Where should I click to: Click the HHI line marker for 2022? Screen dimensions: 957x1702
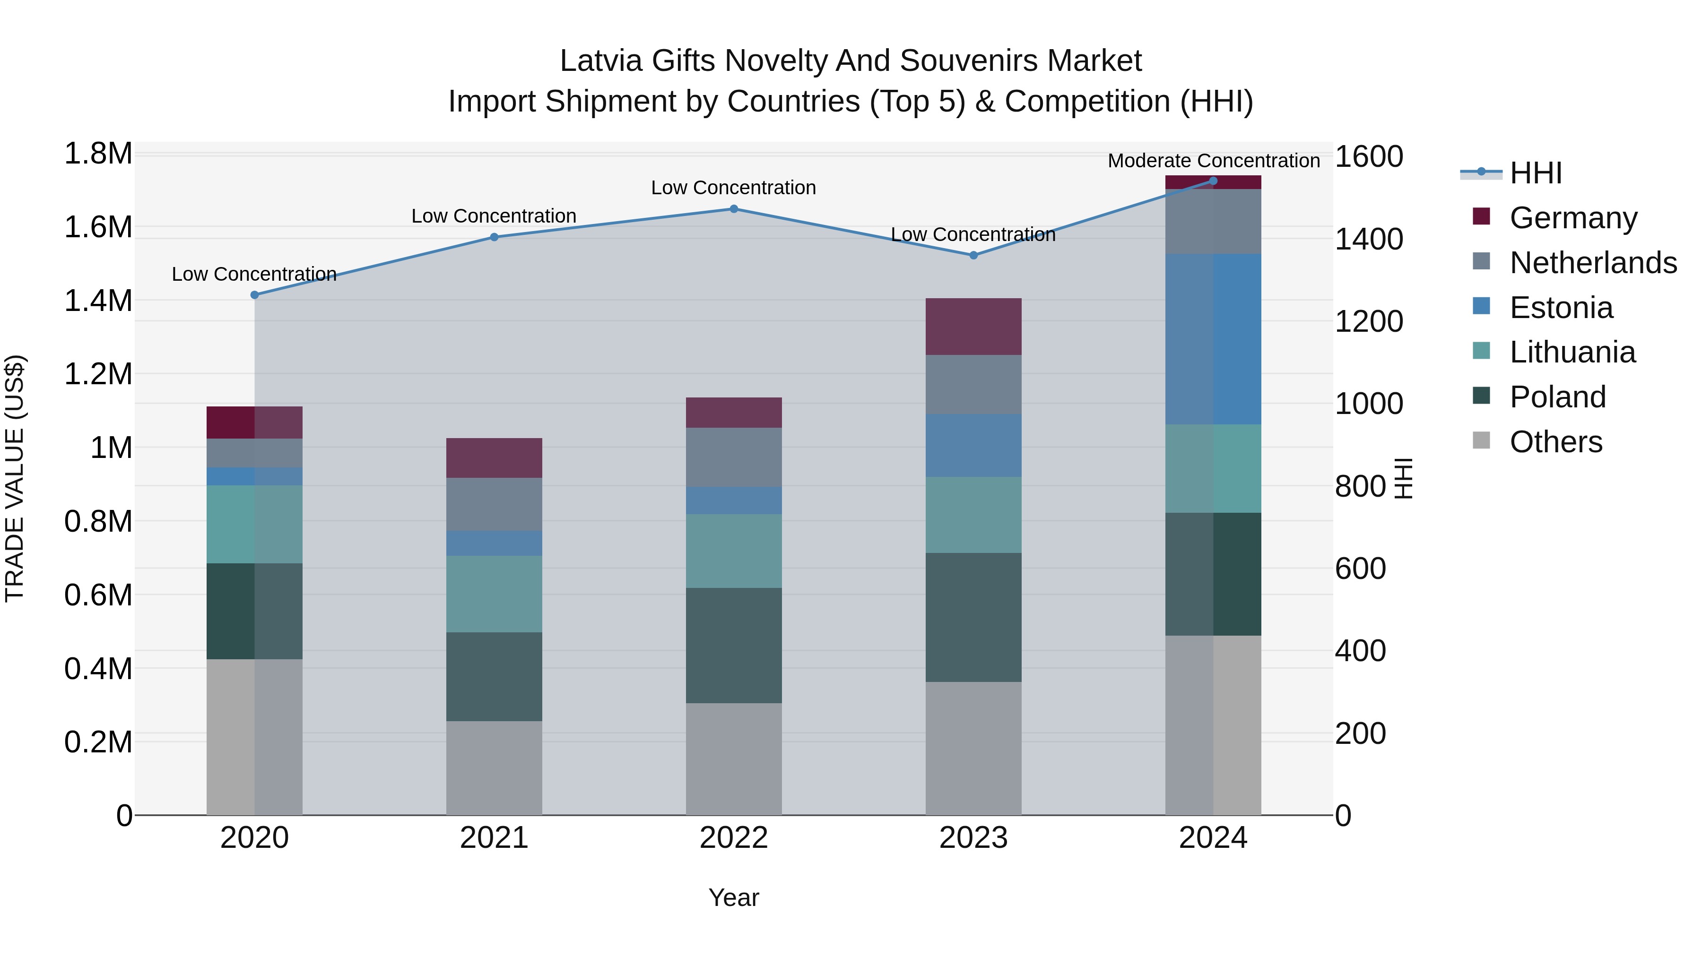point(733,209)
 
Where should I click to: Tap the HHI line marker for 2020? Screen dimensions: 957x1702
point(254,295)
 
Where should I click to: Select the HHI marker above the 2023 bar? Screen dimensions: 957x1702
point(973,255)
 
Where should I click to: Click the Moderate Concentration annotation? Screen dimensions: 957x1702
point(1214,161)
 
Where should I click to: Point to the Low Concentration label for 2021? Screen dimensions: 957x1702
point(494,216)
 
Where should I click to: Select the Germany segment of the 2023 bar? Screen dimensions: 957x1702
point(973,326)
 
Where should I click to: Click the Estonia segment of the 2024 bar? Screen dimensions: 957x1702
point(1213,339)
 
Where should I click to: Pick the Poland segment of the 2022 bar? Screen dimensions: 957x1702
point(733,645)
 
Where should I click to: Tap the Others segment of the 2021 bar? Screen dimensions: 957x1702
point(494,767)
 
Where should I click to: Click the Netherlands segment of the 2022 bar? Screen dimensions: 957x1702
point(733,457)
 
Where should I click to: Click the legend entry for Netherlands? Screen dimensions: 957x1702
point(1593,263)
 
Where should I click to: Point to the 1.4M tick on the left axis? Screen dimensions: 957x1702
point(98,301)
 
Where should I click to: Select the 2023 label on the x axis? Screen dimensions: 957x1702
point(973,838)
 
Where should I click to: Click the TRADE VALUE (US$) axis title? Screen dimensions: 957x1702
point(15,478)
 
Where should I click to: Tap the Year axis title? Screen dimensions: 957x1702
point(733,897)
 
